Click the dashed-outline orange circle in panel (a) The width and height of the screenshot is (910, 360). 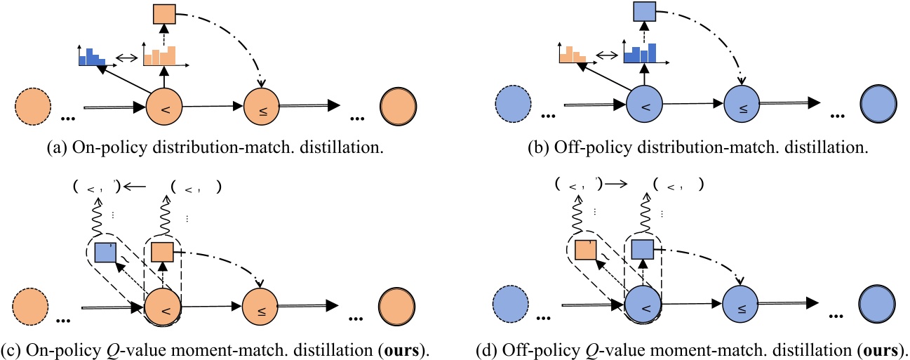coord(32,109)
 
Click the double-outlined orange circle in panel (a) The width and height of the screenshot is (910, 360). coord(398,109)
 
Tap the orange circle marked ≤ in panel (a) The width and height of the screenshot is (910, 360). coord(261,109)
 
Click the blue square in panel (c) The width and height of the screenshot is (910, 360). coord(105,252)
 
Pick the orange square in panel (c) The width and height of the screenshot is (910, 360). coord(163,250)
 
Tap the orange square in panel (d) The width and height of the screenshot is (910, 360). coord(586,251)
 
